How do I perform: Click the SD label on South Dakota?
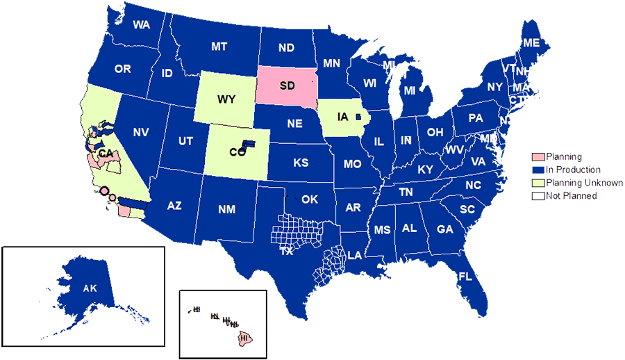pyautogui.click(x=287, y=85)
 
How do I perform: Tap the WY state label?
pyautogui.click(x=226, y=99)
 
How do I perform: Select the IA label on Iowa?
pyautogui.click(x=342, y=116)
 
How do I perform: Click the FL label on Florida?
pyautogui.click(x=465, y=276)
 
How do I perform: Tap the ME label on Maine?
pyautogui.click(x=531, y=43)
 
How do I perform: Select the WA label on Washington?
pyautogui.click(x=142, y=25)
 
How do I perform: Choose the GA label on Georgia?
pyautogui.click(x=444, y=229)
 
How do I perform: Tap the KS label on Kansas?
pyautogui.click(x=301, y=163)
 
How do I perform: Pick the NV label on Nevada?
pyautogui.click(x=141, y=132)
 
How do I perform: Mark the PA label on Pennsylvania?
pyautogui.click(x=475, y=118)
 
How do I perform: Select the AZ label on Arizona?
pyautogui.click(x=174, y=205)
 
